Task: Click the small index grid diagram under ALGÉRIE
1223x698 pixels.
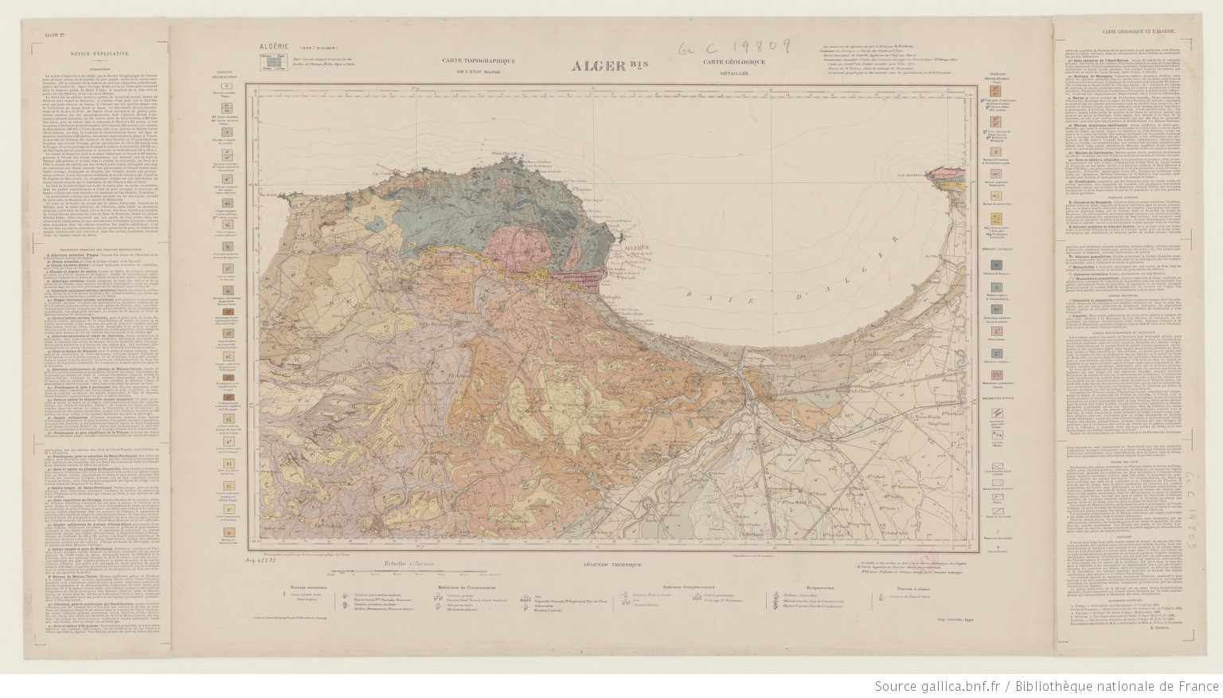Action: point(272,61)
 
